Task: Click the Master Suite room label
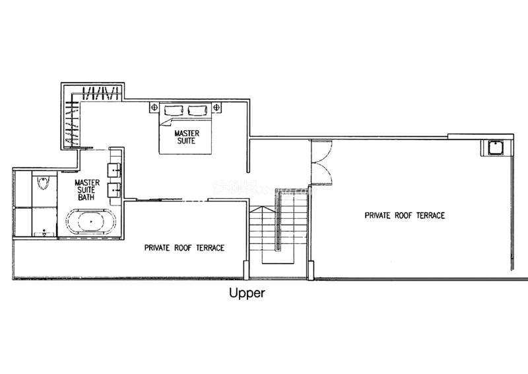point(187,137)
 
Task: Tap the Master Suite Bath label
point(87,190)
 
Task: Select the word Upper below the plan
point(247,293)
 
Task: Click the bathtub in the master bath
point(91,221)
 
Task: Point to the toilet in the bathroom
point(44,182)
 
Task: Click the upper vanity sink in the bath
point(114,170)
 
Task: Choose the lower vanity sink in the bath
point(114,190)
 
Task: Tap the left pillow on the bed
point(174,110)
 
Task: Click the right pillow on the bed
point(197,110)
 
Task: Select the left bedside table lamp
point(154,108)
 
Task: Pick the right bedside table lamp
point(216,108)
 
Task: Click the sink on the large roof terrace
point(496,148)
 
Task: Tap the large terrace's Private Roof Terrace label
point(405,215)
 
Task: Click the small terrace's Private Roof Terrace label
point(184,248)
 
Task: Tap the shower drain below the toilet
point(44,231)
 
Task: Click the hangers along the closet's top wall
point(101,93)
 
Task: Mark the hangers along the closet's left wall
point(73,122)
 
